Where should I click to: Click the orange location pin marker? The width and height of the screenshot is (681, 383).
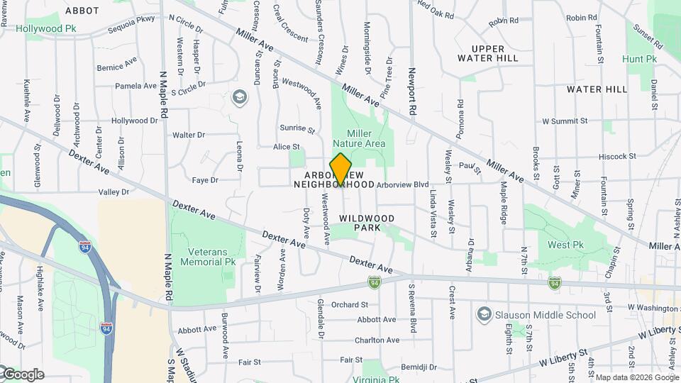pyautogui.click(x=341, y=169)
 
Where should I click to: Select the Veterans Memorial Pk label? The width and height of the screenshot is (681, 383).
pyautogui.click(x=211, y=256)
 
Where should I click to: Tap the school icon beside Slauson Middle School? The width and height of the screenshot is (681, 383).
pyautogui.click(x=485, y=314)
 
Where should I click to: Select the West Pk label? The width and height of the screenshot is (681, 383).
pyautogui.click(x=565, y=245)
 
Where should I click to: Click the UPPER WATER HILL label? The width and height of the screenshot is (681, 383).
pyautogui.click(x=489, y=53)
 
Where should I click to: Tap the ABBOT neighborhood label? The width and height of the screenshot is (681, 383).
pyautogui.click(x=82, y=11)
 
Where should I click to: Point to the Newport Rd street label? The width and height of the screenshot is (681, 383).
pyautogui.click(x=411, y=91)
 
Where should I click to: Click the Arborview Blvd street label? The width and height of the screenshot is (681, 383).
pyautogui.click(x=403, y=184)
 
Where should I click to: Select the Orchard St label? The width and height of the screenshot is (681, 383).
pyautogui.click(x=349, y=305)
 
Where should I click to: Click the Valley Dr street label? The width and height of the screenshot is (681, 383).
pyautogui.click(x=113, y=192)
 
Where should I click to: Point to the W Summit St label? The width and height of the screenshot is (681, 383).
pyautogui.click(x=565, y=121)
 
